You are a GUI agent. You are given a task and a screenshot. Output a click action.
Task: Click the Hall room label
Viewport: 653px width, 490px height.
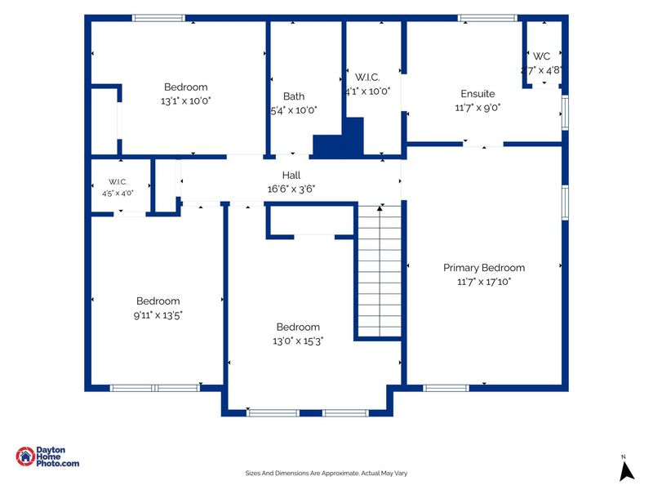pyautogui.click(x=291, y=175)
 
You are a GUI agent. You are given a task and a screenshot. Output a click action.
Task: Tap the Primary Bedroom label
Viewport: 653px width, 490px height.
pyautogui.click(x=484, y=268)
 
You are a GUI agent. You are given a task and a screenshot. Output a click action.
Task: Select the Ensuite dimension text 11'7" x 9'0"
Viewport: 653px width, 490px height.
pyautogui.click(x=478, y=108)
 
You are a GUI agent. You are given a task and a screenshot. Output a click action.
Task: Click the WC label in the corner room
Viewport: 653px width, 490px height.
pyautogui.click(x=541, y=56)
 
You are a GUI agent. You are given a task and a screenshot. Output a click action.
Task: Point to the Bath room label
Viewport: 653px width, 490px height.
pyautogui.click(x=294, y=96)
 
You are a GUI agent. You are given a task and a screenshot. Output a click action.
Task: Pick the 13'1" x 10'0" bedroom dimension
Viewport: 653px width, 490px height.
pyautogui.click(x=186, y=100)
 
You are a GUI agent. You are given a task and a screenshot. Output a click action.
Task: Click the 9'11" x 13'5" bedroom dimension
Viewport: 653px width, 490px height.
pyautogui.click(x=158, y=315)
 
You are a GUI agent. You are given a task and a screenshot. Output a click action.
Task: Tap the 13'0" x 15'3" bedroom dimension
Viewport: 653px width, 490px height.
pyautogui.click(x=298, y=341)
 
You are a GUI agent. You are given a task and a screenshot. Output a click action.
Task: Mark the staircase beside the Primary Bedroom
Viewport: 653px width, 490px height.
pyautogui.click(x=380, y=271)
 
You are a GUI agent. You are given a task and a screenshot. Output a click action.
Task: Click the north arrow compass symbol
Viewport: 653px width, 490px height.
pyautogui.click(x=626, y=469)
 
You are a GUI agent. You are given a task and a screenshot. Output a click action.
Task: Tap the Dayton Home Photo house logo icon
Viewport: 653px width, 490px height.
pyautogui.click(x=25, y=457)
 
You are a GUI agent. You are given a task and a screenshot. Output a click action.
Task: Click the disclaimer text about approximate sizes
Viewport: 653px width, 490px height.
pyautogui.click(x=326, y=473)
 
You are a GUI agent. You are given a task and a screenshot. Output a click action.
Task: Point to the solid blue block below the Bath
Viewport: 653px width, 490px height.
pyautogui.click(x=338, y=138)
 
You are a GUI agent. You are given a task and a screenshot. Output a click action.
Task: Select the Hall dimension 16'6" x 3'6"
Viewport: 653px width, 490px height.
pyautogui.click(x=291, y=189)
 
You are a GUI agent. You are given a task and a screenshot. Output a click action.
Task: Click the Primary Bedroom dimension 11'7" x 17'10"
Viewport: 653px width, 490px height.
pyautogui.click(x=484, y=282)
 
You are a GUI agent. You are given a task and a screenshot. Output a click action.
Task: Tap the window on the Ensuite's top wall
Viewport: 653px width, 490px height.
pyautogui.click(x=487, y=18)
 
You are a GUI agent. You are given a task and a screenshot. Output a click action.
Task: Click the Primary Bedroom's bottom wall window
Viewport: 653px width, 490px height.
pyautogui.click(x=446, y=389)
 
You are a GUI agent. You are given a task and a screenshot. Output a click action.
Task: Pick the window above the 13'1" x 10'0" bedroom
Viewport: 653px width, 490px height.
pyautogui.click(x=158, y=18)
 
